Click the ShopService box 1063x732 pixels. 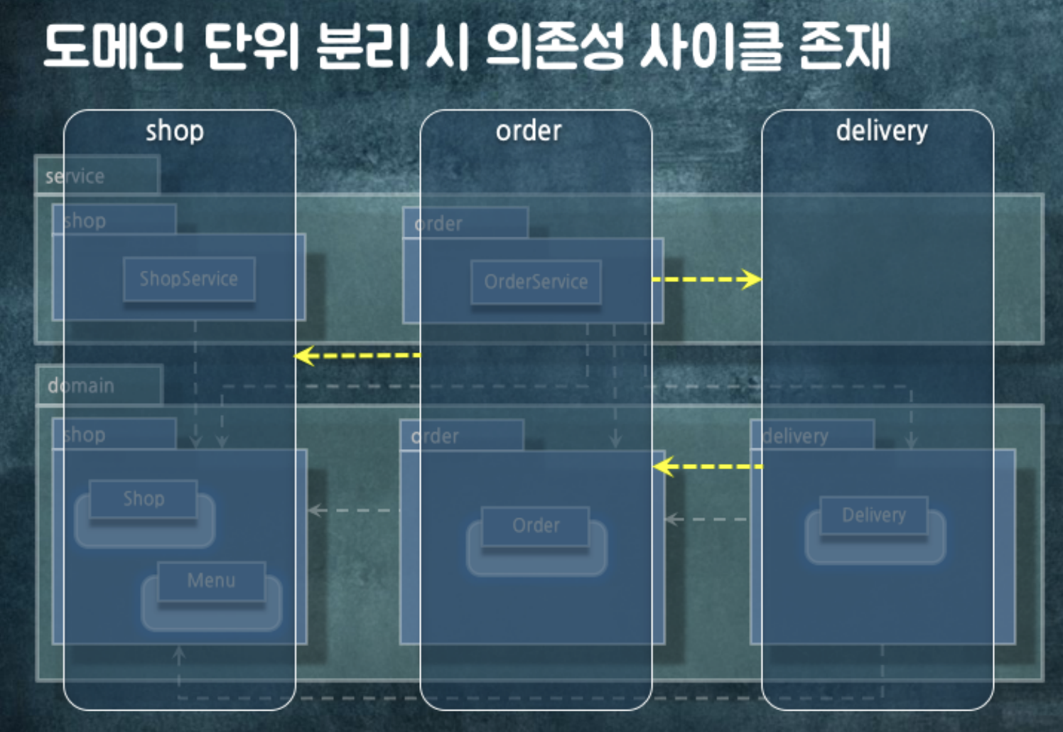tap(188, 279)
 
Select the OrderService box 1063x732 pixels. tap(536, 282)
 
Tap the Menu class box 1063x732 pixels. tap(211, 581)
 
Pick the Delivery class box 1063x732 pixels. tap(873, 515)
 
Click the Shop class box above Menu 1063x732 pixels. tap(144, 499)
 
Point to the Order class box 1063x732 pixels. tap(536, 526)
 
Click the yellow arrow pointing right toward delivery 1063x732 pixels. tap(706, 279)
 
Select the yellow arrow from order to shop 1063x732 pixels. tap(357, 355)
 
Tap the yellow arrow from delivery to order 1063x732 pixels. tap(707, 467)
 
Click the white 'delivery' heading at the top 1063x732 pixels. tap(881, 131)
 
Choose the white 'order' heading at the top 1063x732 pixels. tap(529, 131)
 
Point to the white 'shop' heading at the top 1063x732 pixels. tap(175, 131)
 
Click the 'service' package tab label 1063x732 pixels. tap(75, 176)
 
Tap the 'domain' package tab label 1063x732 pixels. tap(81, 386)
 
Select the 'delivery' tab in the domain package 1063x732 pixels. tap(796, 436)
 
